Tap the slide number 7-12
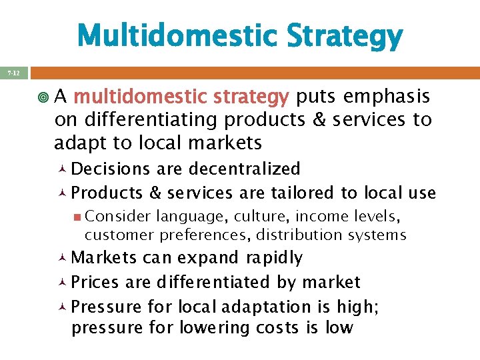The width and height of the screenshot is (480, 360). click(14, 73)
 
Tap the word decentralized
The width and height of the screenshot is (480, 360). click(245, 169)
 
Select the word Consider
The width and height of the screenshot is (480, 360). click(118, 217)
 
